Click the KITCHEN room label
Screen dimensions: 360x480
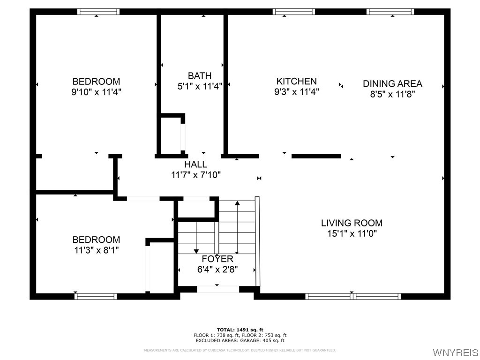[x=296, y=81]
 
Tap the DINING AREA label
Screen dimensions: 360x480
[x=392, y=83]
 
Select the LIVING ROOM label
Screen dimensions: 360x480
[x=352, y=223]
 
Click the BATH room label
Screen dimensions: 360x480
[x=200, y=75]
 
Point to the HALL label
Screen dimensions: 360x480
[x=195, y=165]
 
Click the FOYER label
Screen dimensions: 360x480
[x=217, y=259]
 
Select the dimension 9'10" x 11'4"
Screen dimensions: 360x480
[x=96, y=92]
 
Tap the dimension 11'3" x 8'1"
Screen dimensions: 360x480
[x=96, y=250]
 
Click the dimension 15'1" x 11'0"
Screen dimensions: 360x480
[x=352, y=233]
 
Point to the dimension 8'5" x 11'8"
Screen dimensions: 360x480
[x=392, y=94]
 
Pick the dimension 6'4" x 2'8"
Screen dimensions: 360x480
[x=217, y=270]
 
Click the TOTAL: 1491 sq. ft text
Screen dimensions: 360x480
[x=240, y=330]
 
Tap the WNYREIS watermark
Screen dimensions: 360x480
[x=456, y=352]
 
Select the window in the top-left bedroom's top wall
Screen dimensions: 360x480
[x=98, y=12]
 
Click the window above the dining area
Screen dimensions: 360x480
[x=390, y=12]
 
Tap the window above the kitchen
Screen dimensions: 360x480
[x=293, y=12]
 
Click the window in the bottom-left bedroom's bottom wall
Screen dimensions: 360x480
[x=96, y=296]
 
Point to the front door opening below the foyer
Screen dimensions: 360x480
[x=218, y=289]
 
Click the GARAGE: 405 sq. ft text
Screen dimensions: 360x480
[x=265, y=341]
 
